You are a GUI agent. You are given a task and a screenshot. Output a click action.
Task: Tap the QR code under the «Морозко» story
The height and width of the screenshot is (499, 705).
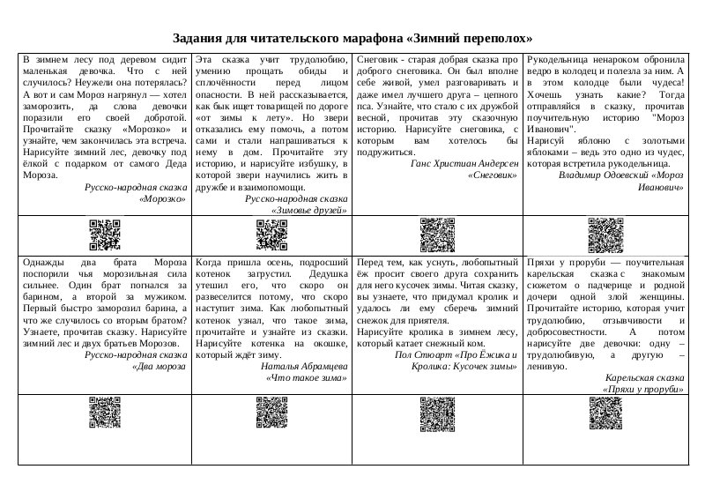[x=104, y=234]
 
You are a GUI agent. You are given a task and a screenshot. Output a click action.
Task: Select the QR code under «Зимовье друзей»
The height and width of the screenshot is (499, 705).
[x=271, y=234]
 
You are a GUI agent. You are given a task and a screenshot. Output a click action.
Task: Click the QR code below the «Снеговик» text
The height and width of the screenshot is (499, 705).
[x=438, y=234]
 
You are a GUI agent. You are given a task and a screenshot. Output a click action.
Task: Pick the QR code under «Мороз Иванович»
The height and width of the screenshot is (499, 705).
[x=605, y=234]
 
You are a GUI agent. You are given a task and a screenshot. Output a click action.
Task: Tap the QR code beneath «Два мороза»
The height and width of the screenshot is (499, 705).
[x=104, y=413]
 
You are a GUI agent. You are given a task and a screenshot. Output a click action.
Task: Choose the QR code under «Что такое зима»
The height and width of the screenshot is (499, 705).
[x=271, y=413]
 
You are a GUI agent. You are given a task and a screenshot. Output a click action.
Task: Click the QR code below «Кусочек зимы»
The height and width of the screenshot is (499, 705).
[x=438, y=413]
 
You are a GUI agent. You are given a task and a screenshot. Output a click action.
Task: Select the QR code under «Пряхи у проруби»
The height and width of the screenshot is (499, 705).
[x=605, y=413]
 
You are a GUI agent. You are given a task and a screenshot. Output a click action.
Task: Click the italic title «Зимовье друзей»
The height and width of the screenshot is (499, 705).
[x=308, y=211]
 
